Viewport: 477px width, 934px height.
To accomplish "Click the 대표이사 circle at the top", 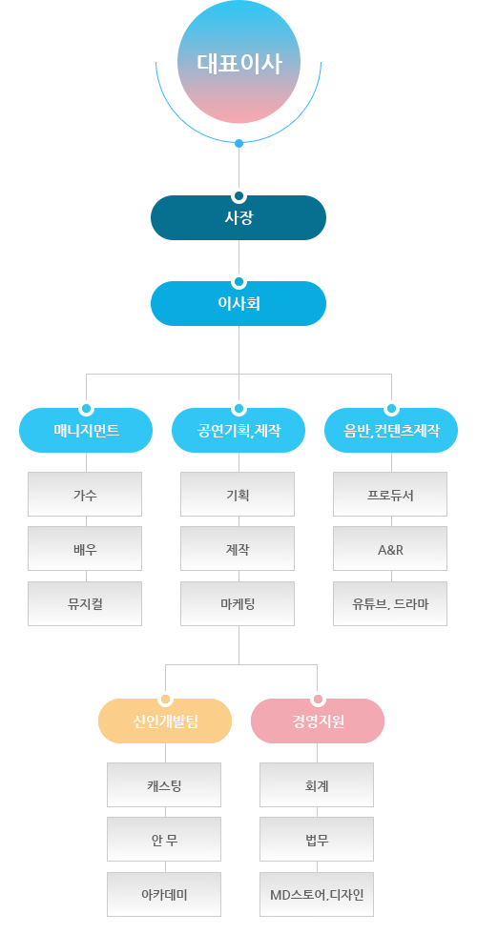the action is (238, 62).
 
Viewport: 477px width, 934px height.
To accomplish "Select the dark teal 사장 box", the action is (238, 217).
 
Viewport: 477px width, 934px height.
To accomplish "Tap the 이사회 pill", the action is (238, 303).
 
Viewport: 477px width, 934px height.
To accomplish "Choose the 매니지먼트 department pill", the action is (86, 430).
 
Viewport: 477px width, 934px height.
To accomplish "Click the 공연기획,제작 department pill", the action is (238, 430).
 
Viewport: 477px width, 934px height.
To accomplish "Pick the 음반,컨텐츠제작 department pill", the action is (391, 430).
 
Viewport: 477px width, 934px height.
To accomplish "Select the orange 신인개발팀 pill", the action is (165, 721).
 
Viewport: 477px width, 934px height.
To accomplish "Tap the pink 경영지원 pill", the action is (318, 721).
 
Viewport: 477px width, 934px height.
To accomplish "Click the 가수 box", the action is (85, 495).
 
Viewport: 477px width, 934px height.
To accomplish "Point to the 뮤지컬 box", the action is (85, 604).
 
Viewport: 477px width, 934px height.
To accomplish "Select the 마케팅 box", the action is (238, 604).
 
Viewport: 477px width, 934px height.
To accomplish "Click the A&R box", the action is (390, 549).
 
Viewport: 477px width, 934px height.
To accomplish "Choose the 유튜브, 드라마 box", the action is (390, 604).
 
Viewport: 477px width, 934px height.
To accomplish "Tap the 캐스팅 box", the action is (164, 785).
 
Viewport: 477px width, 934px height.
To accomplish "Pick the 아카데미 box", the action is (164, 895).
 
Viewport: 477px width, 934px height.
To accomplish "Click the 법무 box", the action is (317, 840).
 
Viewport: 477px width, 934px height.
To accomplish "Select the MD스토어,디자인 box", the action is (317, 895).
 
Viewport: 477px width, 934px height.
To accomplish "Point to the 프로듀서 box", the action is (390, 495).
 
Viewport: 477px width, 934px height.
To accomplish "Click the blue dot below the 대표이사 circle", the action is (239, 143).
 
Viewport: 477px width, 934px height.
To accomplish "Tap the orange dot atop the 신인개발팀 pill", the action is (166, 699).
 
